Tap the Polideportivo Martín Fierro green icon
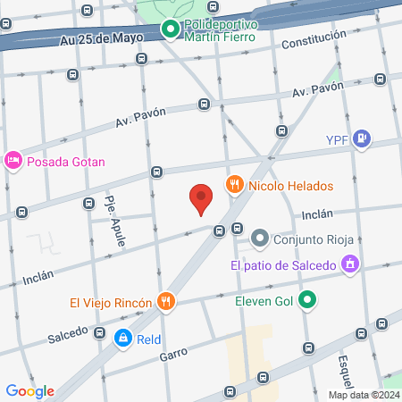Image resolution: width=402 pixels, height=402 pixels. [x=171, y=29]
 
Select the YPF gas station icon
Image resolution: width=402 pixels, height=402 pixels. [x=361, y=138]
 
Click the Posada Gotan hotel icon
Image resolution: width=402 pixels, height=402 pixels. [x=13, y=161]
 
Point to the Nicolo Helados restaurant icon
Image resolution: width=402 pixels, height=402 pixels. [x=235, y=186]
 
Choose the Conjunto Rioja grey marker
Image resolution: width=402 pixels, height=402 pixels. [x=260, y=238]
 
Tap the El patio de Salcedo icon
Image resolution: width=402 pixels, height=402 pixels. [x=351, y=264]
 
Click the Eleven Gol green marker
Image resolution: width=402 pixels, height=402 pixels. [x=307, y=300]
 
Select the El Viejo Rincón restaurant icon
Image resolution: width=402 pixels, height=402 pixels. [x=164, y=302]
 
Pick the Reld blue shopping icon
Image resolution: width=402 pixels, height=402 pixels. [x=121, y=339]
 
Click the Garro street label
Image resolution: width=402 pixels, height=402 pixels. [x=173, y=354]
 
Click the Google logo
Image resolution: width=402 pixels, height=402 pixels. [x=29, y=390]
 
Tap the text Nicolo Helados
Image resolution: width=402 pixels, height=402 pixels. [x=290, y=186]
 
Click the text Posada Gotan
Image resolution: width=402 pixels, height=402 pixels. [x=67, y=162]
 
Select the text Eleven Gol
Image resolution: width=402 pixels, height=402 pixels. [x=264, y=301]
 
